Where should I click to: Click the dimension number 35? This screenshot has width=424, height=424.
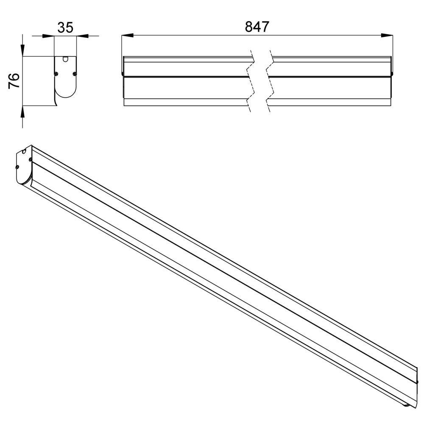tap(65, 28)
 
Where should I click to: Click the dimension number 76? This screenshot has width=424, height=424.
tap(14, 81)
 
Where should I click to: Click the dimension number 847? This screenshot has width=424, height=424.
tap(257, 27)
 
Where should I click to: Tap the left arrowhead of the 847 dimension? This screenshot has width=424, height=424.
tap(128, 36)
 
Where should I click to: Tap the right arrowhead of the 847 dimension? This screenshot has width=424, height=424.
tap(387, 36)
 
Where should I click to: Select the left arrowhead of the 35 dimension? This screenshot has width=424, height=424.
tap(48, 36)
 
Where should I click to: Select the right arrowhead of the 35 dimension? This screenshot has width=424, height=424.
tap(83, 36)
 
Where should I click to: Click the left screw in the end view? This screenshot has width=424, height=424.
tap(56, 73)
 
